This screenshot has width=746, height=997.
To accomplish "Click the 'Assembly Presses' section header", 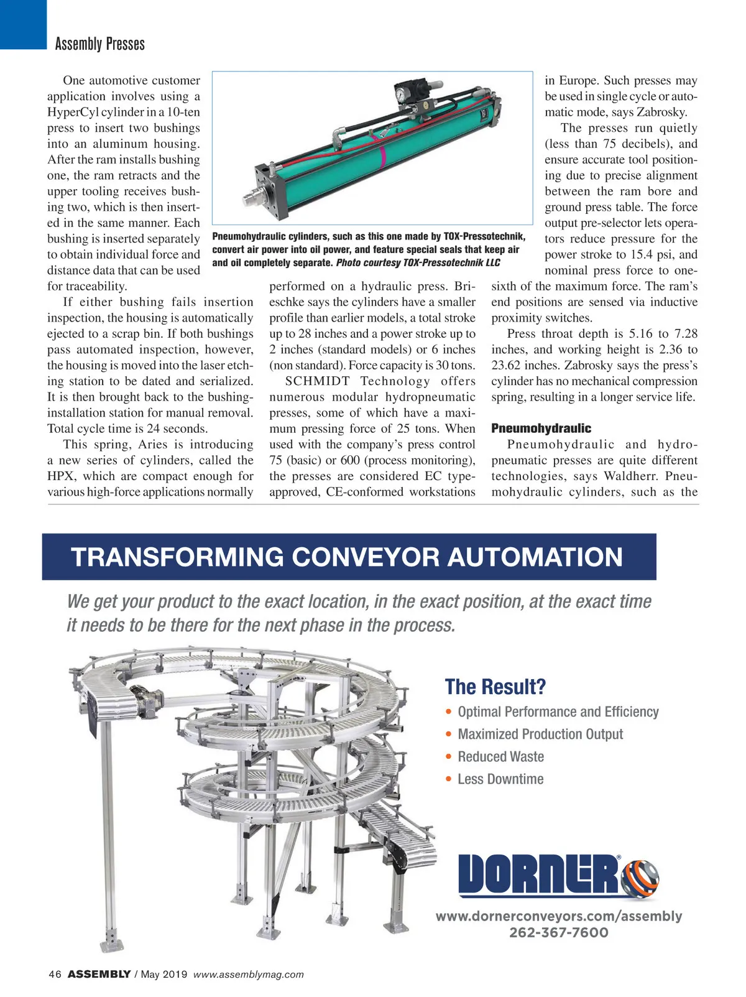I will point(99,44).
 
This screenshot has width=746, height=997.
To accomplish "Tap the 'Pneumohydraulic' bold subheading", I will point(541,429).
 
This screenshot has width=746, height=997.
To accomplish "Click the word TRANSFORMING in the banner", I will point(177,557).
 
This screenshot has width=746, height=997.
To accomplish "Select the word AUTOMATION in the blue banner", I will point(535,557).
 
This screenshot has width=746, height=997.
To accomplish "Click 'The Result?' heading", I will point(495,687).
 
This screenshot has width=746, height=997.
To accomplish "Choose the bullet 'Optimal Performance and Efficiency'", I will point(558,712).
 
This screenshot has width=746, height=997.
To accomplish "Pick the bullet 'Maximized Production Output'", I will point(540,735).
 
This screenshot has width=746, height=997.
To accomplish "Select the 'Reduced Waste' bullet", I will point(500,757).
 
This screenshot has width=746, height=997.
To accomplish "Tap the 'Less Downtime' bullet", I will point(500,779).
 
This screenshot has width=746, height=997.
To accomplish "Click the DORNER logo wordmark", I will point(538,874).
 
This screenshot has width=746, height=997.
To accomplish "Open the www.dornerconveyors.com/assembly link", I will point(558,916).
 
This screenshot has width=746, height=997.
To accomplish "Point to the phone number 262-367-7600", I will point(558,932).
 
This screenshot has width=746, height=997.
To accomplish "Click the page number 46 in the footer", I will point(55,975).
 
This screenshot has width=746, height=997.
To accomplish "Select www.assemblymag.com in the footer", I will point(249,975).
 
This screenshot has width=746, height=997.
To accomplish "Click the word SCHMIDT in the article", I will point(318,381).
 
